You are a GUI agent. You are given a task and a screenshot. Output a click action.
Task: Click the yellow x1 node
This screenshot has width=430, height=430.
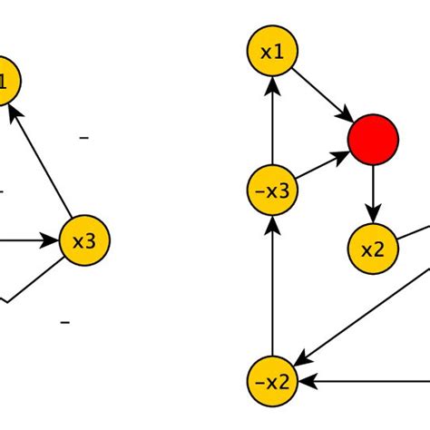point(272,53)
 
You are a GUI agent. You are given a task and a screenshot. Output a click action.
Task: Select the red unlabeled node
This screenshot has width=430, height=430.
point(373,140)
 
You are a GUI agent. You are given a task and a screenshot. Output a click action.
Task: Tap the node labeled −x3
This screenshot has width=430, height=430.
point(272,191)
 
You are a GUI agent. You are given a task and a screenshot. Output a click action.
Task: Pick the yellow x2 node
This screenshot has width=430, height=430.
point(373,249)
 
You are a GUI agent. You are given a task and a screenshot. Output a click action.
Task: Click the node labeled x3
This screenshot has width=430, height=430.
point(83,241)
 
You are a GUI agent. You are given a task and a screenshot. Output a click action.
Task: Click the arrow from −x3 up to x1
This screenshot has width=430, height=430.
point(272,122)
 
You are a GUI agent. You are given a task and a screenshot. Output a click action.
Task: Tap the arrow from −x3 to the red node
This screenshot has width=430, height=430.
point(322,166)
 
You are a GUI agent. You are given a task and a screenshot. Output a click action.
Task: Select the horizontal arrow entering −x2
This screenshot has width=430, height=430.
point(363,381)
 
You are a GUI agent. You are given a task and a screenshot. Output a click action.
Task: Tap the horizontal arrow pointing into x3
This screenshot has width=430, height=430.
point(27,241)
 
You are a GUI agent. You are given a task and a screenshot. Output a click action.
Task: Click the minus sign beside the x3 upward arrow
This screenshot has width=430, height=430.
point(84,137)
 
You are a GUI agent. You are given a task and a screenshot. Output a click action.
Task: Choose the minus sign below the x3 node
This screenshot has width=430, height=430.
point(64,322)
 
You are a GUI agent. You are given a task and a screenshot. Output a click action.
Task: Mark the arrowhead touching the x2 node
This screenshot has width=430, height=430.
point(373,216)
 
